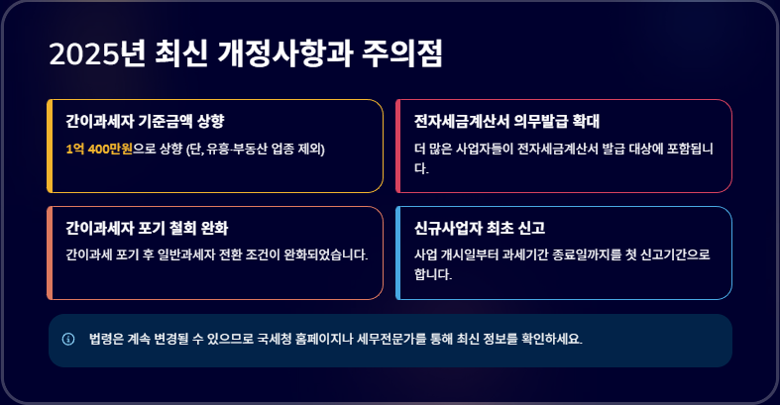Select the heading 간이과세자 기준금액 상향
pyautogui.click(x=145, y=121)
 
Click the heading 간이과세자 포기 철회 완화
pyautogui.click(x=147, y=228)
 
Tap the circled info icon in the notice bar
pyautogui.click(x=68, y=339)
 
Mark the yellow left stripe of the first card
pyautogui.click(x=49, y=146)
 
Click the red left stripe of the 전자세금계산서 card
pyautogui.click(x=397, y=146)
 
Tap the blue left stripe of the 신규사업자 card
pyautogui.click(x=397, y=253)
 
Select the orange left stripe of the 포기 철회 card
pyautogui.click(x=49, y=253)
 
